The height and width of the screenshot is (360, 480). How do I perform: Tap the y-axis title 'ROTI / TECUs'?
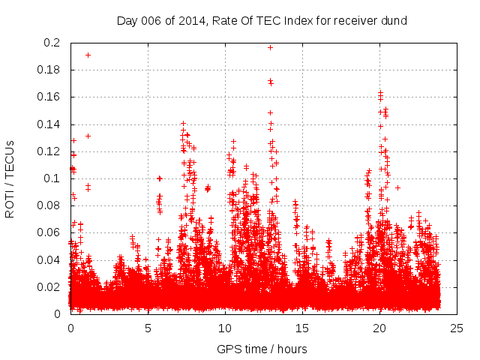10,178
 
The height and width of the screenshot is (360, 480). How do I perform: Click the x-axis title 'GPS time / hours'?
262,349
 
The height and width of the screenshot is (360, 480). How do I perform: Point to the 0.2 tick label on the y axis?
52,43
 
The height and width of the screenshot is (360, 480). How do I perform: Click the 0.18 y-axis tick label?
49,70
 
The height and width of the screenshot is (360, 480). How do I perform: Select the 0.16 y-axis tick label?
49,97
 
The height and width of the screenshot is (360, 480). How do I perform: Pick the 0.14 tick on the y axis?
49,124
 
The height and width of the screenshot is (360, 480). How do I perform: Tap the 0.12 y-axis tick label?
49,151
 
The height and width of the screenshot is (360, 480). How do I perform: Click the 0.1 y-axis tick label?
52,178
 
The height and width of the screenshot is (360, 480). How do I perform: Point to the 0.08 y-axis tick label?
49,205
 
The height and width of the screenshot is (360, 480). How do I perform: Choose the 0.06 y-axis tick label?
49,232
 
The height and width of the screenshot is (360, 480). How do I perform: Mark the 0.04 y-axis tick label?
49,259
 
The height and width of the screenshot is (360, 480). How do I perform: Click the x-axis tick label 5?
148,328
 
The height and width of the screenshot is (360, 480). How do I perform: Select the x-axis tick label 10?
226,328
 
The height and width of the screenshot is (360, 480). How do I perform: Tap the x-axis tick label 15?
303,328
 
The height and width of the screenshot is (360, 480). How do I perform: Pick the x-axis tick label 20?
380,328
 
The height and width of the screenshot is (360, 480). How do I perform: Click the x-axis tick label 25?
457,328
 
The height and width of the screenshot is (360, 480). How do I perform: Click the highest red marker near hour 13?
271,47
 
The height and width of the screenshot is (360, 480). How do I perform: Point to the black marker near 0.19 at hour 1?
88,55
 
